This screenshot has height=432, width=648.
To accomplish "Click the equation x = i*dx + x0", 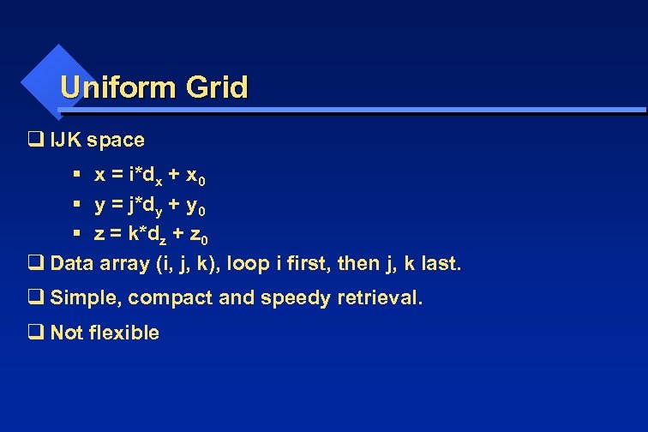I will [x=149, y=176].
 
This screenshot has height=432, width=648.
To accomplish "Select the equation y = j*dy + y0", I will [x=149, y=207].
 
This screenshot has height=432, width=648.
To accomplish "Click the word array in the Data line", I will [x=124, y=264].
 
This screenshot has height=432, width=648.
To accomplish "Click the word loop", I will [x=247, y=263].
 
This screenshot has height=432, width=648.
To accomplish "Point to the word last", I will [x=441, y=263].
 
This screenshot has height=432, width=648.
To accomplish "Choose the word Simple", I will [x=83, y=298].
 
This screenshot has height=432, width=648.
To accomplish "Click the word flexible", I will [x=123, y=333].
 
